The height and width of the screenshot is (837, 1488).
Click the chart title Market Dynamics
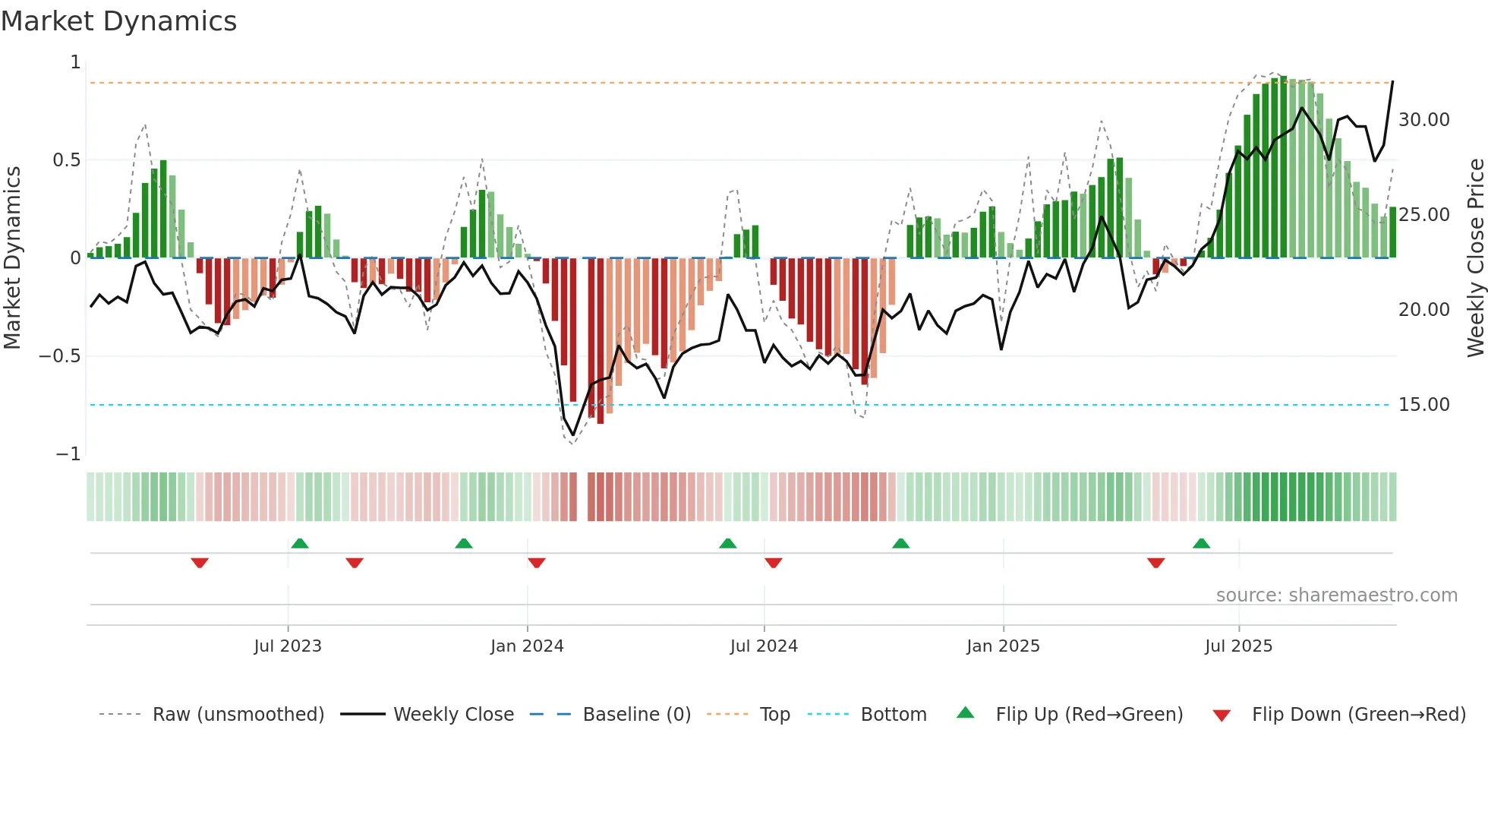pyautogui.click(x=118, y=21)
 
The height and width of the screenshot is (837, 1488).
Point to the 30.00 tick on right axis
pyautogui.click(x=1423, y=120)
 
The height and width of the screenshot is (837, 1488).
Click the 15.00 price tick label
pyautogui.click(x=1423, y=405)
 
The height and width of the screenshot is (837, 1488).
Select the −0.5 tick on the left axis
pyautogui.click(x=60, y=356)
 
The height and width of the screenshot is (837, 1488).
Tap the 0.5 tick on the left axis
pyautogui.click(x=66, y=160)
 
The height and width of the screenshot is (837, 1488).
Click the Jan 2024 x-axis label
pyautogui.click(x=527, y=646)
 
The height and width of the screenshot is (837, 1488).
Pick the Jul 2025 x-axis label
pyautogui.click(x=1238, y=646)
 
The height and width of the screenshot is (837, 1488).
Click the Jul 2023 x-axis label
pyautogui.click(x=288, y=646)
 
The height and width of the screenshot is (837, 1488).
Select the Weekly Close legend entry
pyautogui.click(x=453, y=715)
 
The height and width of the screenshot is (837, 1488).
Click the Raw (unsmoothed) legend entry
pyautogui.click(x=238, y=715)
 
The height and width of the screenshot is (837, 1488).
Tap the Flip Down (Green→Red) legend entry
pyautogui.click(x=1358, y=715)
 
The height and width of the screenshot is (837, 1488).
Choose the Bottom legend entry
pyautogui.click(x=893, y=715)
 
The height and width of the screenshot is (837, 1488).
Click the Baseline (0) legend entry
pyautogui.click(x=636, y=715)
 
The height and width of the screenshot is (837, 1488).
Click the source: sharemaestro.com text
pyautogui.click(x=1336, y=595)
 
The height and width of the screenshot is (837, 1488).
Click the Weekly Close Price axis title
pyautogui.click(x=1475, y=257)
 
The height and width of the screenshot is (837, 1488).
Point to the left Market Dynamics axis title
pyautogui.click(x=12, y=257)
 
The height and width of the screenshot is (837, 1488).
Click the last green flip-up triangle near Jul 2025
pyautogui.click(x=1201, y=543)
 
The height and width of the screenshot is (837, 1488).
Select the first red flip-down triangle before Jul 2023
pyautogui.click(x=200, y=563)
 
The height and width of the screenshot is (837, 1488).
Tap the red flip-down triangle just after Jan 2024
pyautogui.click(x=537, y=563)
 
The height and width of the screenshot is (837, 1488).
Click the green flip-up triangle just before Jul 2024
pyautogui.click(x=727, y=543)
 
